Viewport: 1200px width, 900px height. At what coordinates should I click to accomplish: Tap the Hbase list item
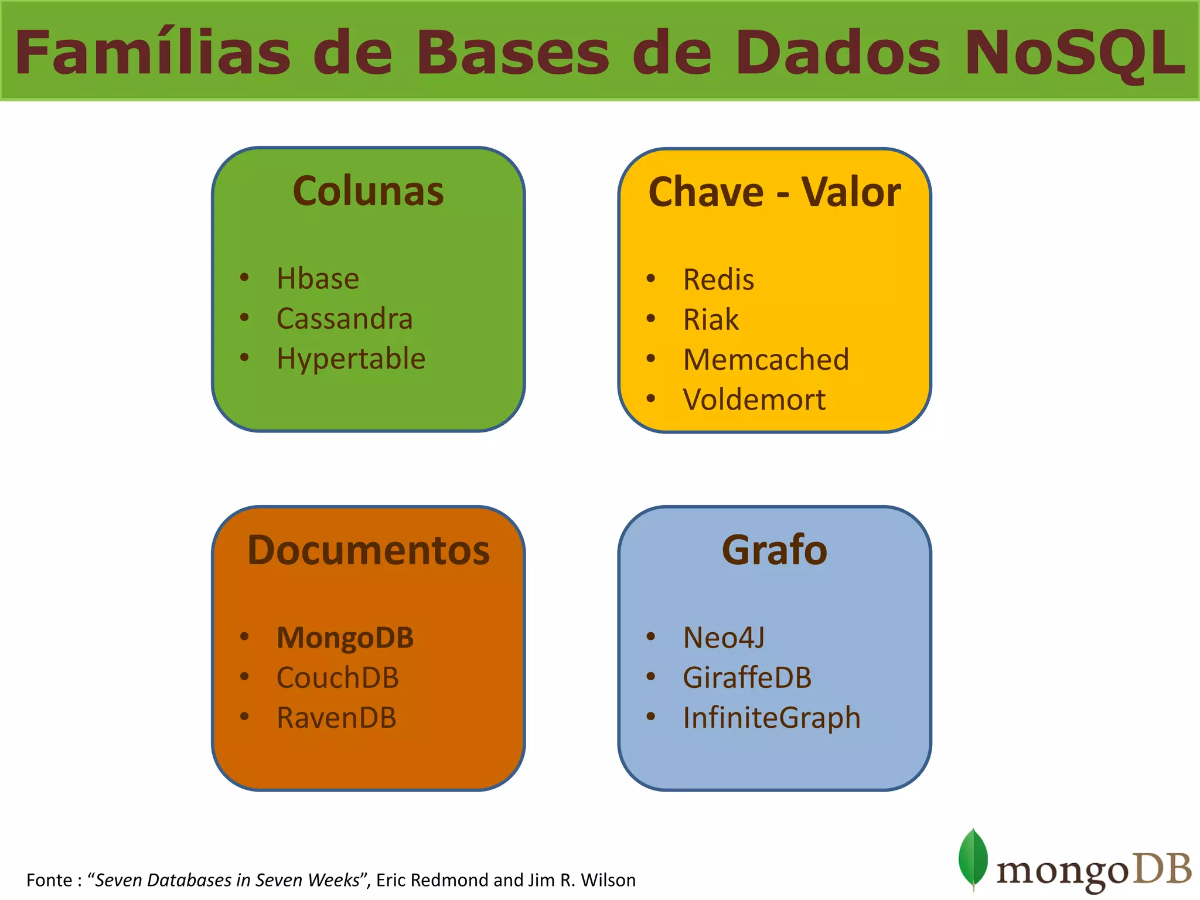[x=318, y=278]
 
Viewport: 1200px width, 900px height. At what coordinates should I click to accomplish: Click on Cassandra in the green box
[x=345, y=319]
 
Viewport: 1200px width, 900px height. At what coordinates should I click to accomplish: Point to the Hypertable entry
[x=350, y=359]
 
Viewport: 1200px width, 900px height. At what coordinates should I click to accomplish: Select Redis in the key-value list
[x=718, y=279]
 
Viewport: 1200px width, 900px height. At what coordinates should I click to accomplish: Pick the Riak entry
[x=711, y=320]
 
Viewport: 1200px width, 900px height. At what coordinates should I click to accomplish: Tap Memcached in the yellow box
[x=766, y=360]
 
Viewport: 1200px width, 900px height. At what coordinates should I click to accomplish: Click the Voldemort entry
[x=754, y=400]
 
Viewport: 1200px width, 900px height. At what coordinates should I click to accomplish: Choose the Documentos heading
[x=368, y=550]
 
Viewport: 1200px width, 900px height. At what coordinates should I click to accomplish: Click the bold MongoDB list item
[x=345, y=637]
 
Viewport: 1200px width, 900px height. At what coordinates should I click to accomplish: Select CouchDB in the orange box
[x=337, y=678]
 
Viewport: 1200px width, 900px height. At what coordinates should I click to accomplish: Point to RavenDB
[x=336, y=718]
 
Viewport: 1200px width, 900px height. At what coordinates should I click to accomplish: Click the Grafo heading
[x=774, y=550]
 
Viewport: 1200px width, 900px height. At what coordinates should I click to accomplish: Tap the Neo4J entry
[x=724, y=637]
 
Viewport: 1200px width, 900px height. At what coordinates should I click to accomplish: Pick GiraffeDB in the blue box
[x=747, y=678]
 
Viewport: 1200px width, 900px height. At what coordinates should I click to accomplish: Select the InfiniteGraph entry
[x=772, y=718]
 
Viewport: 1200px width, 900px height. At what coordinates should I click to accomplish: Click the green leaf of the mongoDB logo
[x=973, y=857]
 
